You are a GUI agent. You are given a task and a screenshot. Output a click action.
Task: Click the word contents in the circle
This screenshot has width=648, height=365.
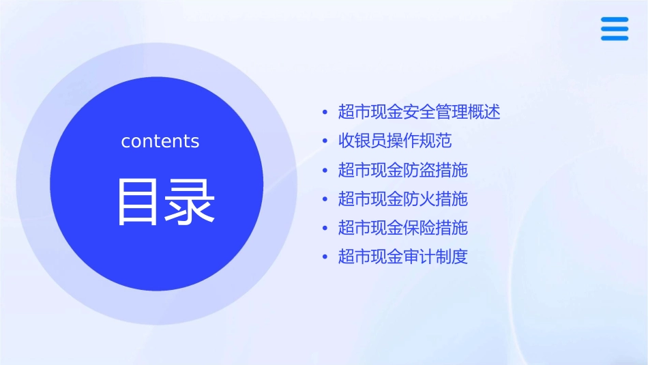(160, 141)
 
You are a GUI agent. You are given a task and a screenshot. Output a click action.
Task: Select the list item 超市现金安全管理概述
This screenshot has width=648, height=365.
(419, 112)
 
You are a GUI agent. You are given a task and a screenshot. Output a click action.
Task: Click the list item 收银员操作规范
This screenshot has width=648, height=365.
(395, 141)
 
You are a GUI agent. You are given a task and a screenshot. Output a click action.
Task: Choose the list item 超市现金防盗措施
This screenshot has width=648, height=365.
(402, 170)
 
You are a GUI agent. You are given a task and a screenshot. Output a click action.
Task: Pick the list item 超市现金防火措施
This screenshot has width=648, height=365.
(402, 199)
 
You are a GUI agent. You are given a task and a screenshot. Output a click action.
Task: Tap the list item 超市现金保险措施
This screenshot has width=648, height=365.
(402, 228)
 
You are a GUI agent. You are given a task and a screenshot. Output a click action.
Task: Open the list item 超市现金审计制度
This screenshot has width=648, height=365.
(402, 257)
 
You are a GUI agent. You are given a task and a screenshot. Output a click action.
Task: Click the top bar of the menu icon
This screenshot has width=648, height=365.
(615, 20)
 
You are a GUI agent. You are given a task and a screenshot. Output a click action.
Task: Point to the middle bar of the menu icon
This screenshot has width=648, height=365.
(615, 29)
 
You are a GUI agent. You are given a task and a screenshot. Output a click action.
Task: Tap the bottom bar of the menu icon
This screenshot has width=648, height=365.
(615, 38)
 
